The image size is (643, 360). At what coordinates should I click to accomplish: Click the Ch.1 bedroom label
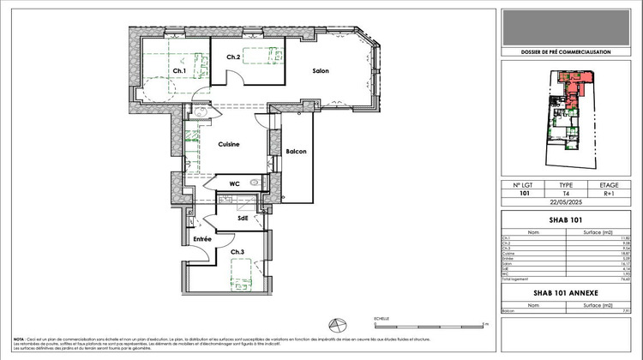point(179,70)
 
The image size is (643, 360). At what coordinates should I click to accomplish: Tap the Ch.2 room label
point(233,57)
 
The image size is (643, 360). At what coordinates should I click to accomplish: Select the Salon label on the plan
point(321,71)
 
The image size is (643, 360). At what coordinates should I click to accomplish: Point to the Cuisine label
point(227,144)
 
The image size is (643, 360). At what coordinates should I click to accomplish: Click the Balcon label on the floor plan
point(296,152)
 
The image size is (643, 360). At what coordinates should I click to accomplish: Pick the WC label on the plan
point(234,183)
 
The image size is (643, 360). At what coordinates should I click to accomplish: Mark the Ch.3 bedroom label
point(237,252)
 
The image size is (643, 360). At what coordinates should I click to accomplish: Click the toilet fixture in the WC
point(255,183)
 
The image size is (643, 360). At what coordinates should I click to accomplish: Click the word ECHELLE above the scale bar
point(382,318)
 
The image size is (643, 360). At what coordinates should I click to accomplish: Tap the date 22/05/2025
point(566,202)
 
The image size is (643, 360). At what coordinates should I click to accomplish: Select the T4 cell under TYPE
point(566,193)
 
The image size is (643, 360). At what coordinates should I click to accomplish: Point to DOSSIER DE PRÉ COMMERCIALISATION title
point(566,52)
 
